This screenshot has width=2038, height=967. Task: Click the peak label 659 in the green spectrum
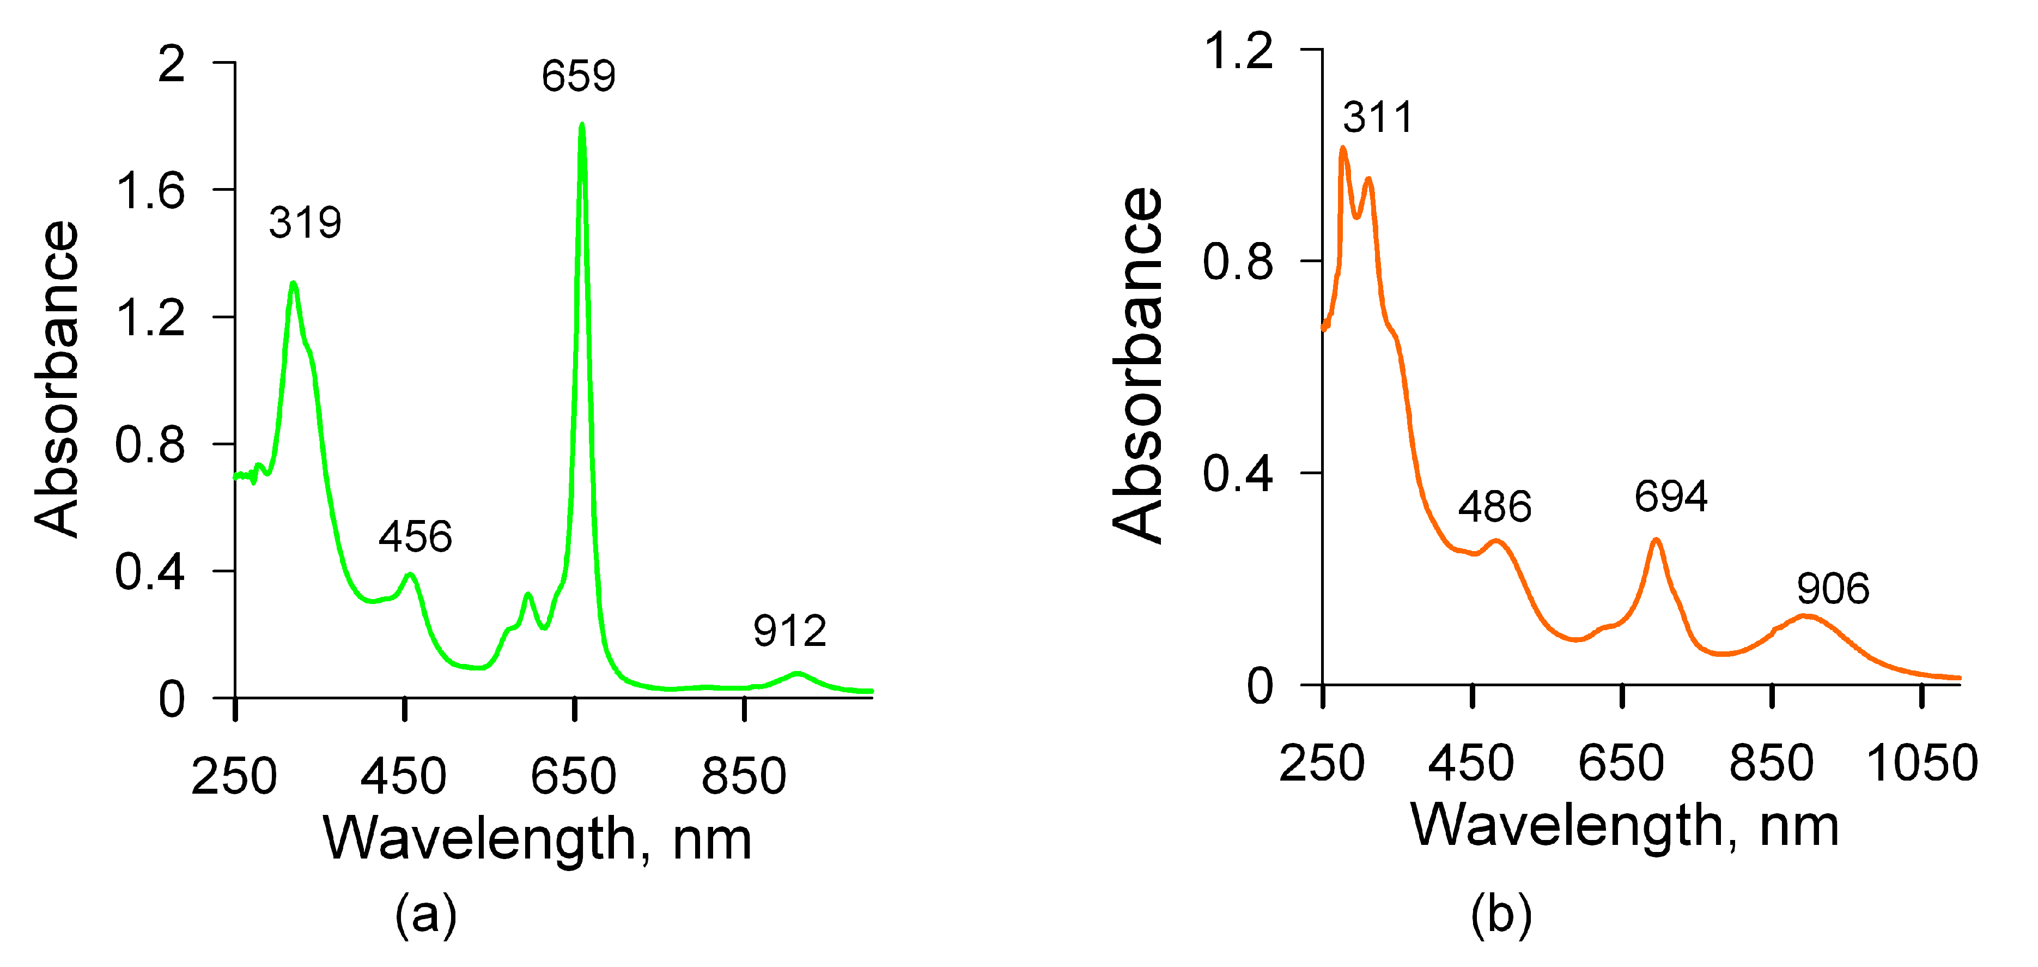579,76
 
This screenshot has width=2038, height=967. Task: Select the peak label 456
415,536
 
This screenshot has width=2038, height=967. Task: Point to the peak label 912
789,631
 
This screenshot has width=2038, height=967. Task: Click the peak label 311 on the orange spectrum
1377,117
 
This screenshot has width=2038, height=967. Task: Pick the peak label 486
1494,506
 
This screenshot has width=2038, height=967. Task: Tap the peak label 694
1671,496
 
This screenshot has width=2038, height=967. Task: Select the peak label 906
1832,588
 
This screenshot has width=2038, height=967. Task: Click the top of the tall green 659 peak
582,125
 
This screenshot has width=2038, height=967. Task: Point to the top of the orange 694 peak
1656,541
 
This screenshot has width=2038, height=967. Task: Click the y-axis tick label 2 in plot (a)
172,63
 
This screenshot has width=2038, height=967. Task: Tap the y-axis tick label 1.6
150,191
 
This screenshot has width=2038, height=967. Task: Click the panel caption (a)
425,914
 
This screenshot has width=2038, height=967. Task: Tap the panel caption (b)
1501,914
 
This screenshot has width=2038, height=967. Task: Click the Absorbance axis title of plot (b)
1137,366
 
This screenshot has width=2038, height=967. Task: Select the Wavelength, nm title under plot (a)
538,839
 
